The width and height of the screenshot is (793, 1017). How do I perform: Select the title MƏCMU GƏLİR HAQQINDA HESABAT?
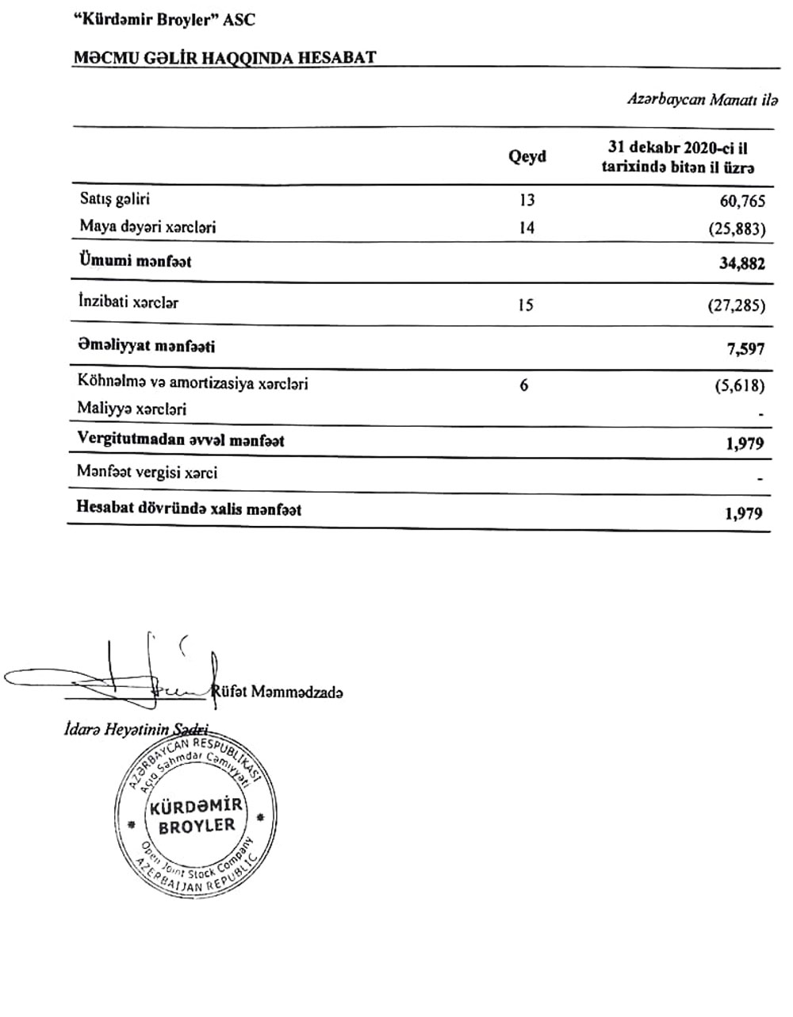pyautogui.click(x=224, y=58)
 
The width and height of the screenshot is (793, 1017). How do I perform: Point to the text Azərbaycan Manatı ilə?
pyautogui.click(x=702, y=101)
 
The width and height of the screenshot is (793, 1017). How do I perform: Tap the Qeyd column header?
pyautogui.click(x=527, y=156)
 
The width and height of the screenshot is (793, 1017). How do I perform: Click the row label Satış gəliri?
pyautogui.click(x=114, y=198)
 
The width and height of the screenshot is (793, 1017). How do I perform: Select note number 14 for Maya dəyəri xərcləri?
pyautogui.click(x=527, y=228)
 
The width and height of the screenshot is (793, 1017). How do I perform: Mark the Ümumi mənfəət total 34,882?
pyautogui.click(x=741, y=264)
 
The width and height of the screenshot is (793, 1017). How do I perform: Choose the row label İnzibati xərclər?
pyautogui.click(x=128, y=302)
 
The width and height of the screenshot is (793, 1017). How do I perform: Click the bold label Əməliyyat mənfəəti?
pyautogui.click(x=147, y=346)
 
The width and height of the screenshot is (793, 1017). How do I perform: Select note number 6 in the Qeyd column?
pyautogui.click(x=524, y=386)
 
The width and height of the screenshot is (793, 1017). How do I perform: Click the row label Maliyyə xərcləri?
pyautogui.click(x=133, y=409)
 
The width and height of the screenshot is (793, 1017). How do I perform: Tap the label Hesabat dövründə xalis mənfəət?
pyautogui.click(x=189, y=508)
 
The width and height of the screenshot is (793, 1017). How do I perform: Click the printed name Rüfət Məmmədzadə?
pyautogui.click(x=278, y=693)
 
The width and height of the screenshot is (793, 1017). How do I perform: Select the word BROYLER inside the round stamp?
pyautogui.click(x=197, y=826)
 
